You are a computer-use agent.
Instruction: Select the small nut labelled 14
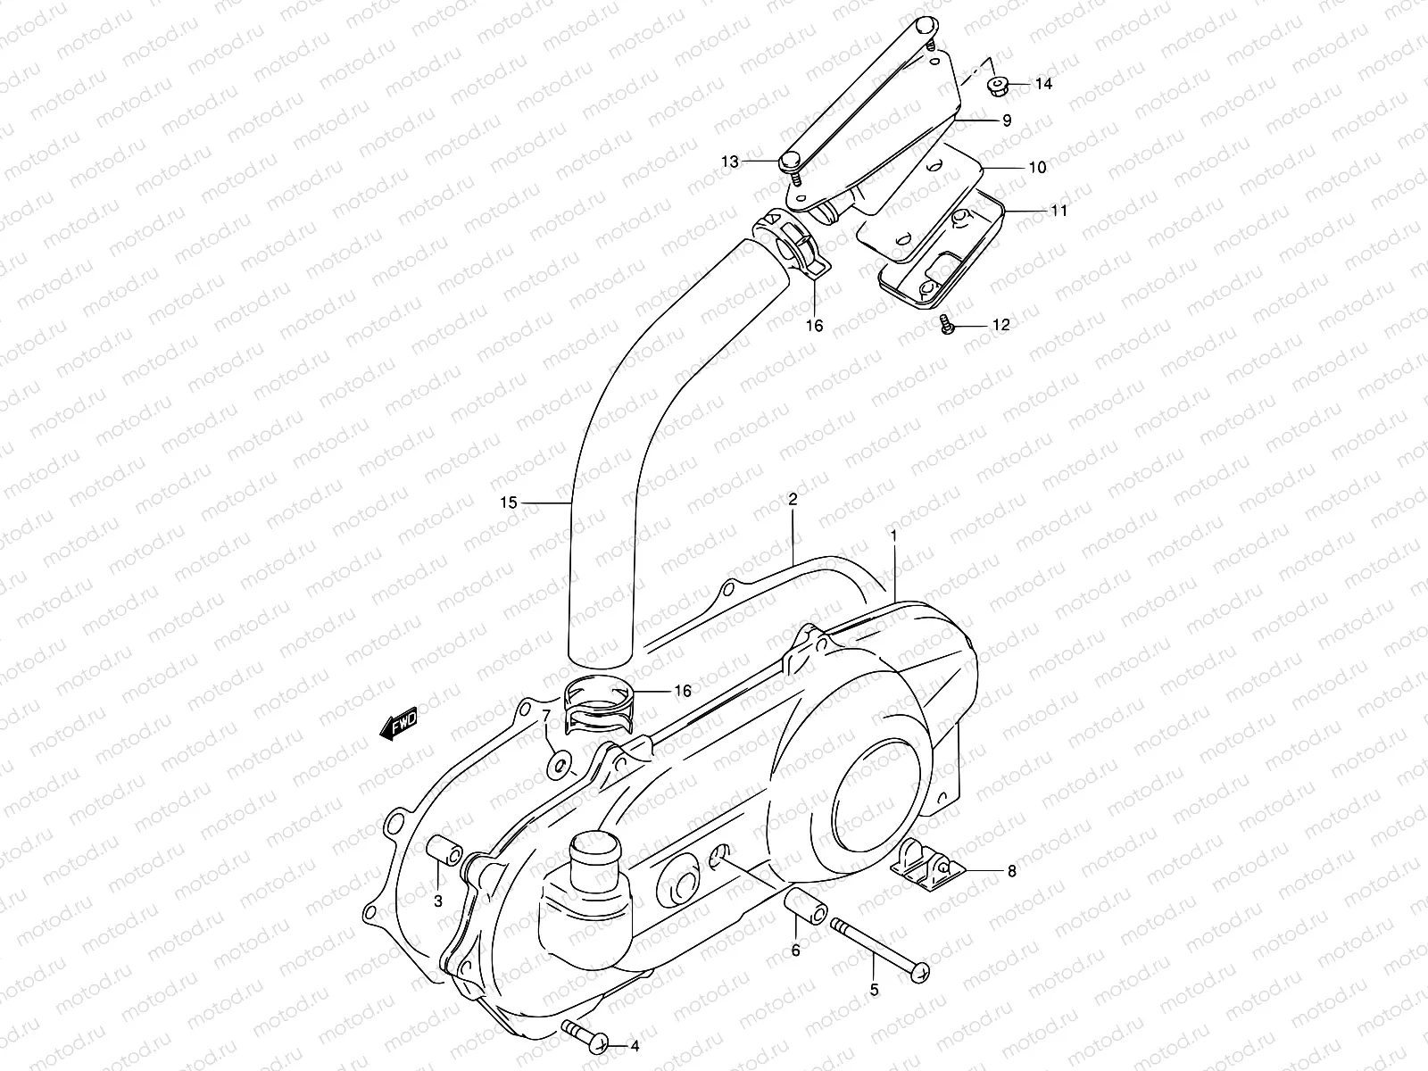click(x=999, y=86)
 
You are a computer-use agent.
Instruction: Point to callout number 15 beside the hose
click(x=509, y=503)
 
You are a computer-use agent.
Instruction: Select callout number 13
click(x=756, y=162)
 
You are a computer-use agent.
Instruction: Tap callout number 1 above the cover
click(x=892, y=535)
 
